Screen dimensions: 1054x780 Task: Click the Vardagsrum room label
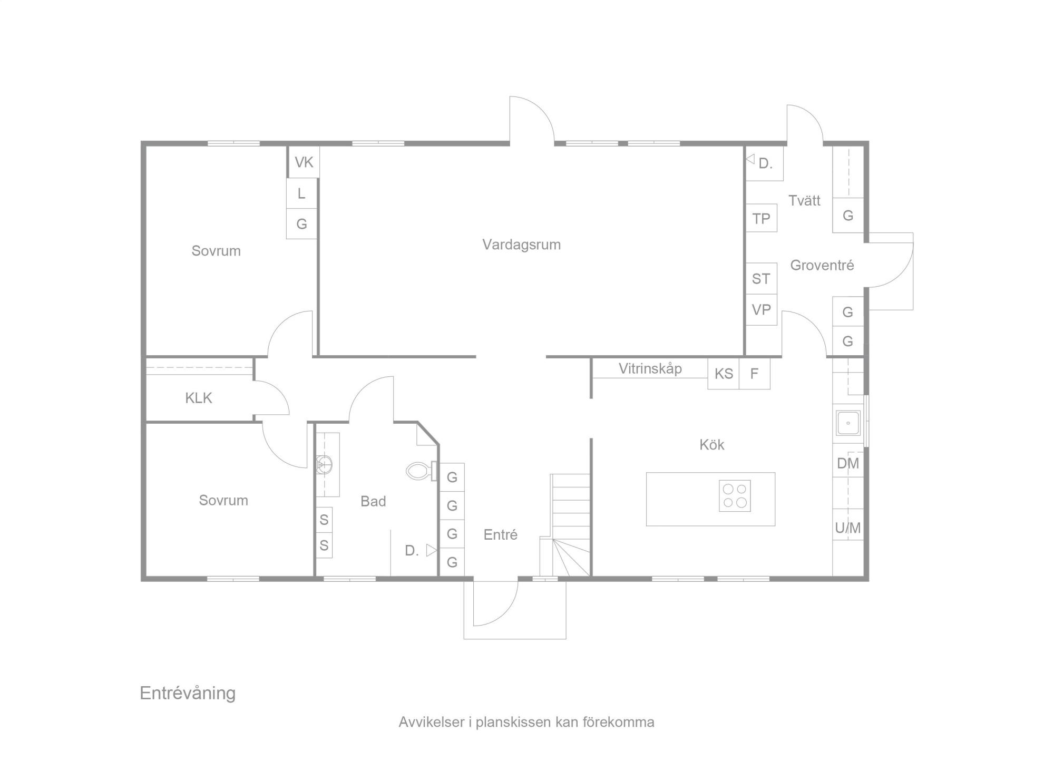point(521,245)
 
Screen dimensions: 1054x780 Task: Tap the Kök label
point(711,444)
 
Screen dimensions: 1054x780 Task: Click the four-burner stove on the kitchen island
point(735,495)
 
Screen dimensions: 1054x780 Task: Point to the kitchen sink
point(848,423)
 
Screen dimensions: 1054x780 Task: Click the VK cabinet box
point(304,162)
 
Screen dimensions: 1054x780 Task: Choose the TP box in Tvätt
point(761,218)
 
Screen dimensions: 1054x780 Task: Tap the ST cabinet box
point(761,278)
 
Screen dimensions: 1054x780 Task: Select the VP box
point(761,309)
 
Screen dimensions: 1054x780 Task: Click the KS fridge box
point(724,374)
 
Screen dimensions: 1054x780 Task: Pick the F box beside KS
point(755,374)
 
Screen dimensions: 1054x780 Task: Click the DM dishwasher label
point(848,464)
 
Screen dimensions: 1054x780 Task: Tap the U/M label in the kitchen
point(848,528)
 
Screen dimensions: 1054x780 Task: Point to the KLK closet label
point(199,398)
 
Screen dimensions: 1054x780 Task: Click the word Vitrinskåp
point(650,368)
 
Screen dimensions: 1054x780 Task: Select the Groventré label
point(822,265)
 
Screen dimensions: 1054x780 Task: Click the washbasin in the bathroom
point(325,464)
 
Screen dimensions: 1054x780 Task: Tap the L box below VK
point(301,193)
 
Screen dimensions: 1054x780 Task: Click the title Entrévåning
point(188,694)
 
